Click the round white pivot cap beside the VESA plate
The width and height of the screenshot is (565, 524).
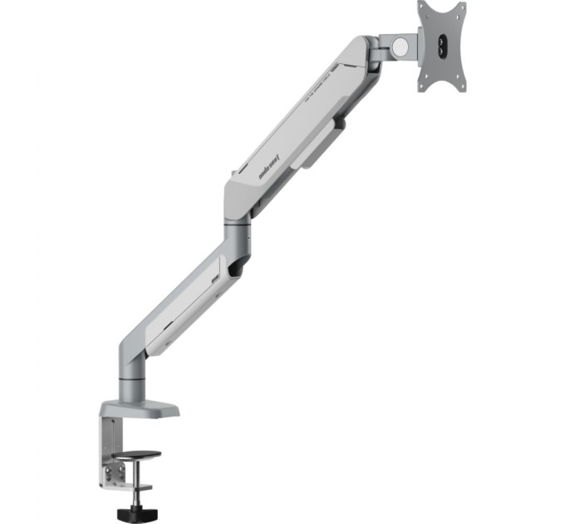coord(400,47)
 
